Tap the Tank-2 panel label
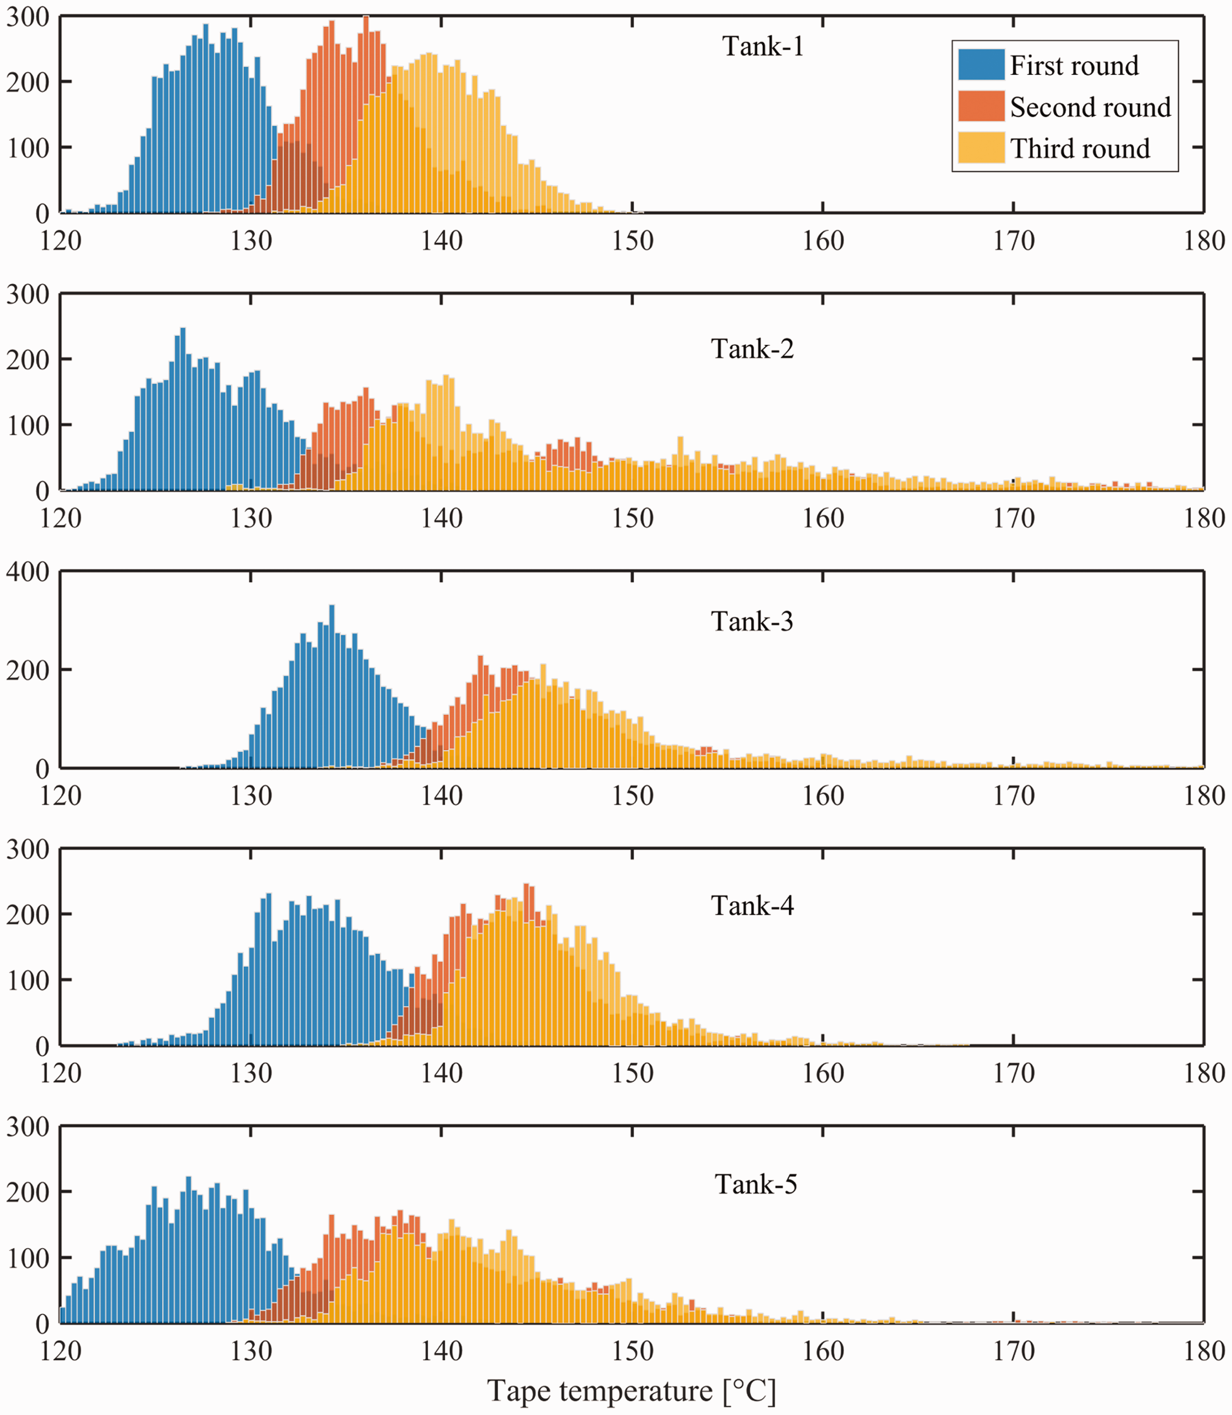coord(752,349)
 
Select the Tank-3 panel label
coord(752,621)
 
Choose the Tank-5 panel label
coord(756,1184)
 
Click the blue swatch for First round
coord(981,64)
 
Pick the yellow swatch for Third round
coord(981,148)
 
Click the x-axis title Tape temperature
coord(632,1390)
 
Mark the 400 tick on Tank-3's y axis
coord(28,571)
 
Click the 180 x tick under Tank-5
coord(1204,1351)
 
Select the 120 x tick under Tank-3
coord(61,796)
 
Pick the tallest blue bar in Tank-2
coord(183,409)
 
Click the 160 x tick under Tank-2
coord(823,519)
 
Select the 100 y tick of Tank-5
coord(28,1259)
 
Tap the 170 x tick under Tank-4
coord(1014,1073)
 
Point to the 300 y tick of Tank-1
coord(28,17)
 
